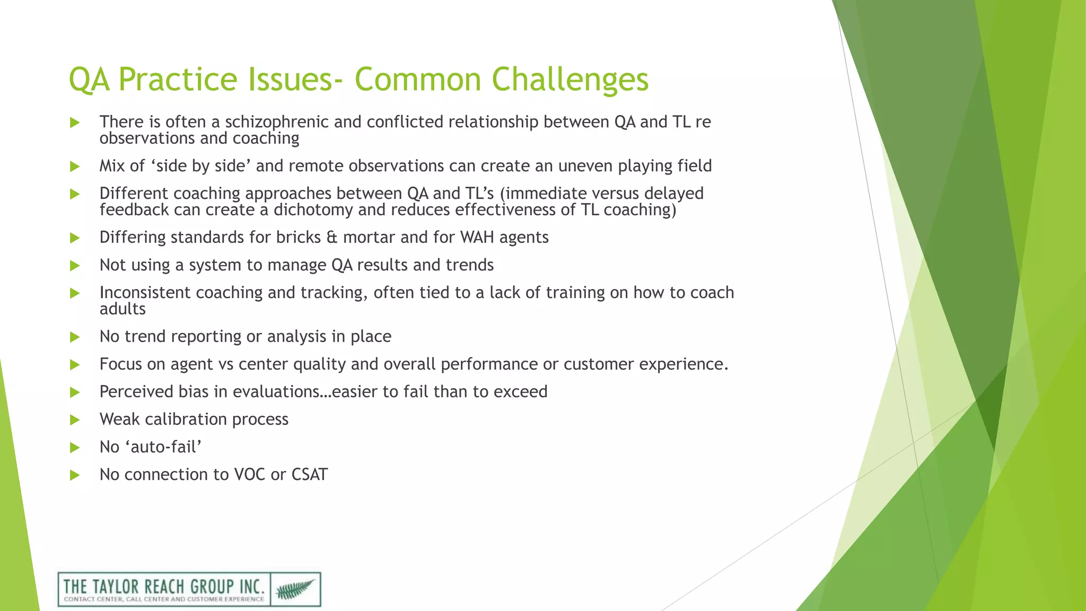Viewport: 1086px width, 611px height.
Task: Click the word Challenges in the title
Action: (570, 80)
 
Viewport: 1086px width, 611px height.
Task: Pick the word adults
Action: (122, 309)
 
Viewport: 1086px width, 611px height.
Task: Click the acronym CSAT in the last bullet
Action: (310, 475)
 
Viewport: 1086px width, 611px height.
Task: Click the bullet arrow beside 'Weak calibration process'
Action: (75, 420)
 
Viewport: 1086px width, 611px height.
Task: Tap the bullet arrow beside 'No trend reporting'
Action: (75, 337)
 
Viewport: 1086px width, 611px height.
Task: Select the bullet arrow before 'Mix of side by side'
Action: (75, 167)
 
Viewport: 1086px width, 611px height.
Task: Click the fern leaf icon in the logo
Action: (295, 589)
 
